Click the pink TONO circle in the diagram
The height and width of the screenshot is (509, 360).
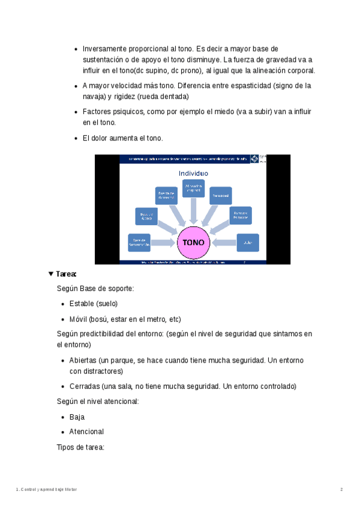point(193,242)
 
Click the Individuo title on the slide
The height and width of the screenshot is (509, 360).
point(193,173)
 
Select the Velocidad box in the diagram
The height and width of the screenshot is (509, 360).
point(220,195)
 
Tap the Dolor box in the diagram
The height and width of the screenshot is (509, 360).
point(248,242)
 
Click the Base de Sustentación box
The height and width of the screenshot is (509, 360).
point(139,242)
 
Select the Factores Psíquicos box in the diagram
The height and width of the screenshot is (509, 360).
point(241,215)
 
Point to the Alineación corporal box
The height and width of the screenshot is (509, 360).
point(193,188)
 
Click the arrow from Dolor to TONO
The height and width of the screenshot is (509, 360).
point(224,242)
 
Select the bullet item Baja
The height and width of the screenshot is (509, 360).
point(77,417)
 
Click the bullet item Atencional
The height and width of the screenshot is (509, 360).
point(86,432)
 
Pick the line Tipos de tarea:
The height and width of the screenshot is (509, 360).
point(80,447)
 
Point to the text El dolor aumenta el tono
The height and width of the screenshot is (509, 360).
point(122,138)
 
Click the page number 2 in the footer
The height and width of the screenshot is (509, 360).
point(341,490)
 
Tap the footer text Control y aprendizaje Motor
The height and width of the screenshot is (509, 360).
point(48,490)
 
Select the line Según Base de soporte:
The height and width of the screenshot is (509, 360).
point(95,289)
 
